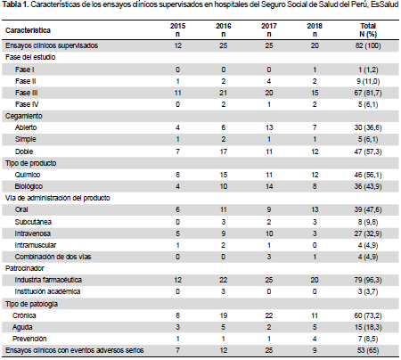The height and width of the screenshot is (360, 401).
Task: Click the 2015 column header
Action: [x=177, y=30]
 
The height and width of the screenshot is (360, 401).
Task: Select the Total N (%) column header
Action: [x=368, y=30]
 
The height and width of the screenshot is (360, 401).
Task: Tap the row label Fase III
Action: [x=27, y=93]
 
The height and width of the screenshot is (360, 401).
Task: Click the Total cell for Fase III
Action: [x=368, y=93]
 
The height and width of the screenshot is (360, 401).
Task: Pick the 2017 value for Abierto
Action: [x=269, y=127]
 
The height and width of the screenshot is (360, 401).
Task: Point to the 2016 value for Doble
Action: [x=224, y=151]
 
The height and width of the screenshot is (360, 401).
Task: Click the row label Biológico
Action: [x=29, y=186]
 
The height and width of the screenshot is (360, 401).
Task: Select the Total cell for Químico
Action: [x=368, y=175]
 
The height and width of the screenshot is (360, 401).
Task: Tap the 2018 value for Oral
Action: [x=315, y=209]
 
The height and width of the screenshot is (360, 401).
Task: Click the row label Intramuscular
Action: [x=36, y=245]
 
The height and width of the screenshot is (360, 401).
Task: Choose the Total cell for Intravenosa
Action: [x=368, y=233]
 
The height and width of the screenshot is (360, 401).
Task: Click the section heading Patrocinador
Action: [x=25, y=268]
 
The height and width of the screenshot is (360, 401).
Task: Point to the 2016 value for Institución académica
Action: [x=224, y=291]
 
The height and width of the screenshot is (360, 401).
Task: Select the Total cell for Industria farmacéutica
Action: [x=368, y=280]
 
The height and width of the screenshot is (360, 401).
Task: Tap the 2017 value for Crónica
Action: [x=269, y=315]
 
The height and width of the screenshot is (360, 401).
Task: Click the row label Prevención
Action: [x=29, y=339]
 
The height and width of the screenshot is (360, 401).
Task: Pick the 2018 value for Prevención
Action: [x=315, y=339]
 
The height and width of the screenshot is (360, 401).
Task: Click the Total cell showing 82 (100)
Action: [x=368, y=45]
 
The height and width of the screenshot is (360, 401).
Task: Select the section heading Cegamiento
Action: [x=24, y=116]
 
